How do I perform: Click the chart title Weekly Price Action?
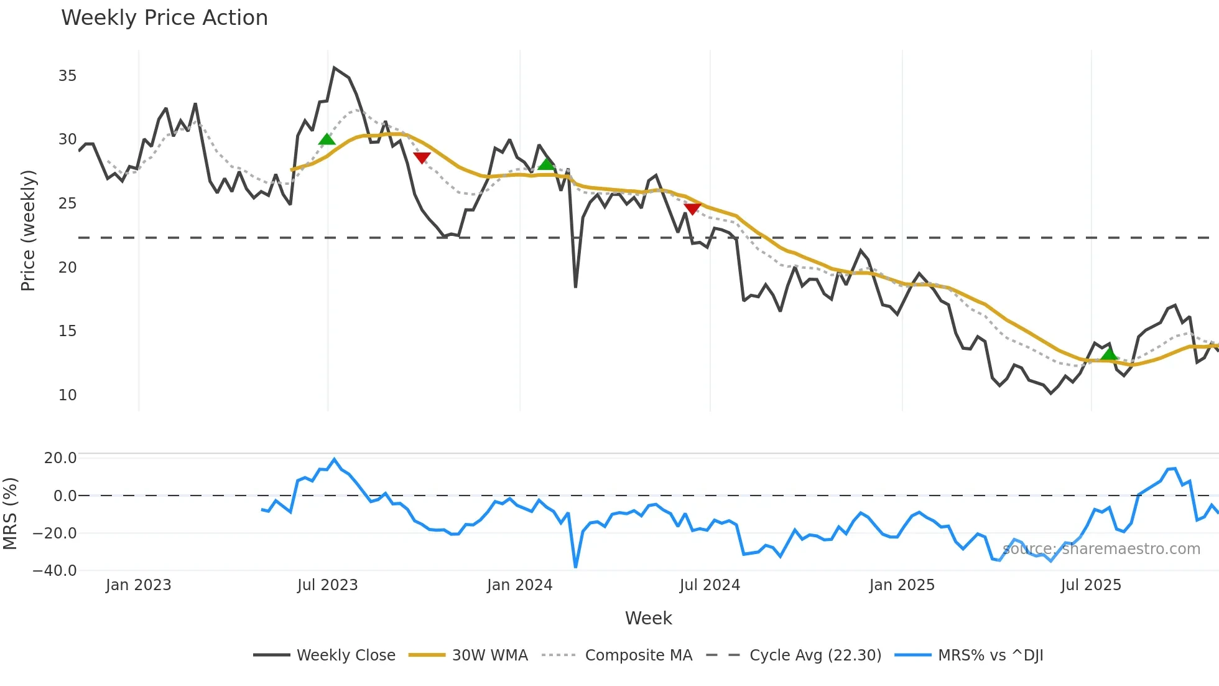(x=164, y=18)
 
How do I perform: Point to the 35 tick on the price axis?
(x=67, y=76)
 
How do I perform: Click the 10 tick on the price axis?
(x=67, y=395)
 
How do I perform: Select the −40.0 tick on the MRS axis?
(x=55, y=571)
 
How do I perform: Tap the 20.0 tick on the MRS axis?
(x=60, y=458)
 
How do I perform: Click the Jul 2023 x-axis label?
(x=327, y=585)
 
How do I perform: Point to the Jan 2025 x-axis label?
(x=902, y=585)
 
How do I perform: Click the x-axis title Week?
(x=648, y=618)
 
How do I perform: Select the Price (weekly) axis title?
(x=28, y=230)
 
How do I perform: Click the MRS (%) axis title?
(x=10, y=514)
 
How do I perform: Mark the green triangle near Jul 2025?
(x=1109, y=354)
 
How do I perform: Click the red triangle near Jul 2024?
(x=692, y=209)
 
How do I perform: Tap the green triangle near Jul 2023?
(x=327, y=139)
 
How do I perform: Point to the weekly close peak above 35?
(x=334, y=68)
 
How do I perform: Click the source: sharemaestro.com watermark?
(x=1101, y=549)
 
